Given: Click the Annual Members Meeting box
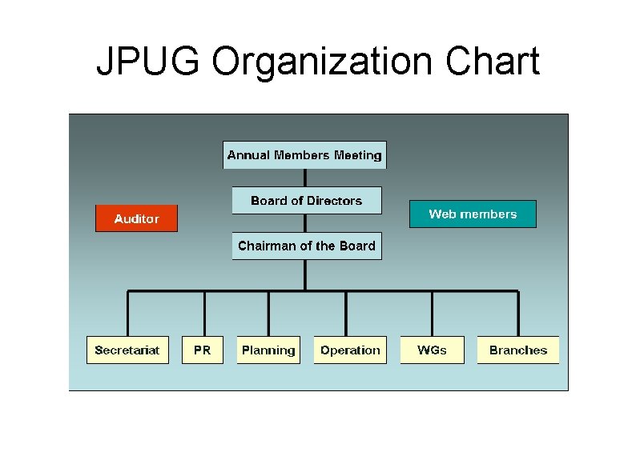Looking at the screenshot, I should point(304,155).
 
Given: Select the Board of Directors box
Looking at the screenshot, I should point(307,201).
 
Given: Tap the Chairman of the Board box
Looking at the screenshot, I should point(307,246).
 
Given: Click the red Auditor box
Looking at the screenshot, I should point(136,218).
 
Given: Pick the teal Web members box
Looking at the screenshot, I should point(473,214).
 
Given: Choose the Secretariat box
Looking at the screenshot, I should point(127,350).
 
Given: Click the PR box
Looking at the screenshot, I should point(202,350).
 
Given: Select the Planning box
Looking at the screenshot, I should point(268,350).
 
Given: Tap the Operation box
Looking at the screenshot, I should point(350,350).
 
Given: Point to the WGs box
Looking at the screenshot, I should point(432,350).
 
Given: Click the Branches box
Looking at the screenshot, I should point(517,350).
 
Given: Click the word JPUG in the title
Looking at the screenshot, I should point(149,62).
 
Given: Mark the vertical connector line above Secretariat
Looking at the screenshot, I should point(127,314).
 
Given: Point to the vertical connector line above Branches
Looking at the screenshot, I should point(518,314).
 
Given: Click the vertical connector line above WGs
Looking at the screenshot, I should point(433,314).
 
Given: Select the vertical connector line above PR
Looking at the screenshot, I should point(205,314).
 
